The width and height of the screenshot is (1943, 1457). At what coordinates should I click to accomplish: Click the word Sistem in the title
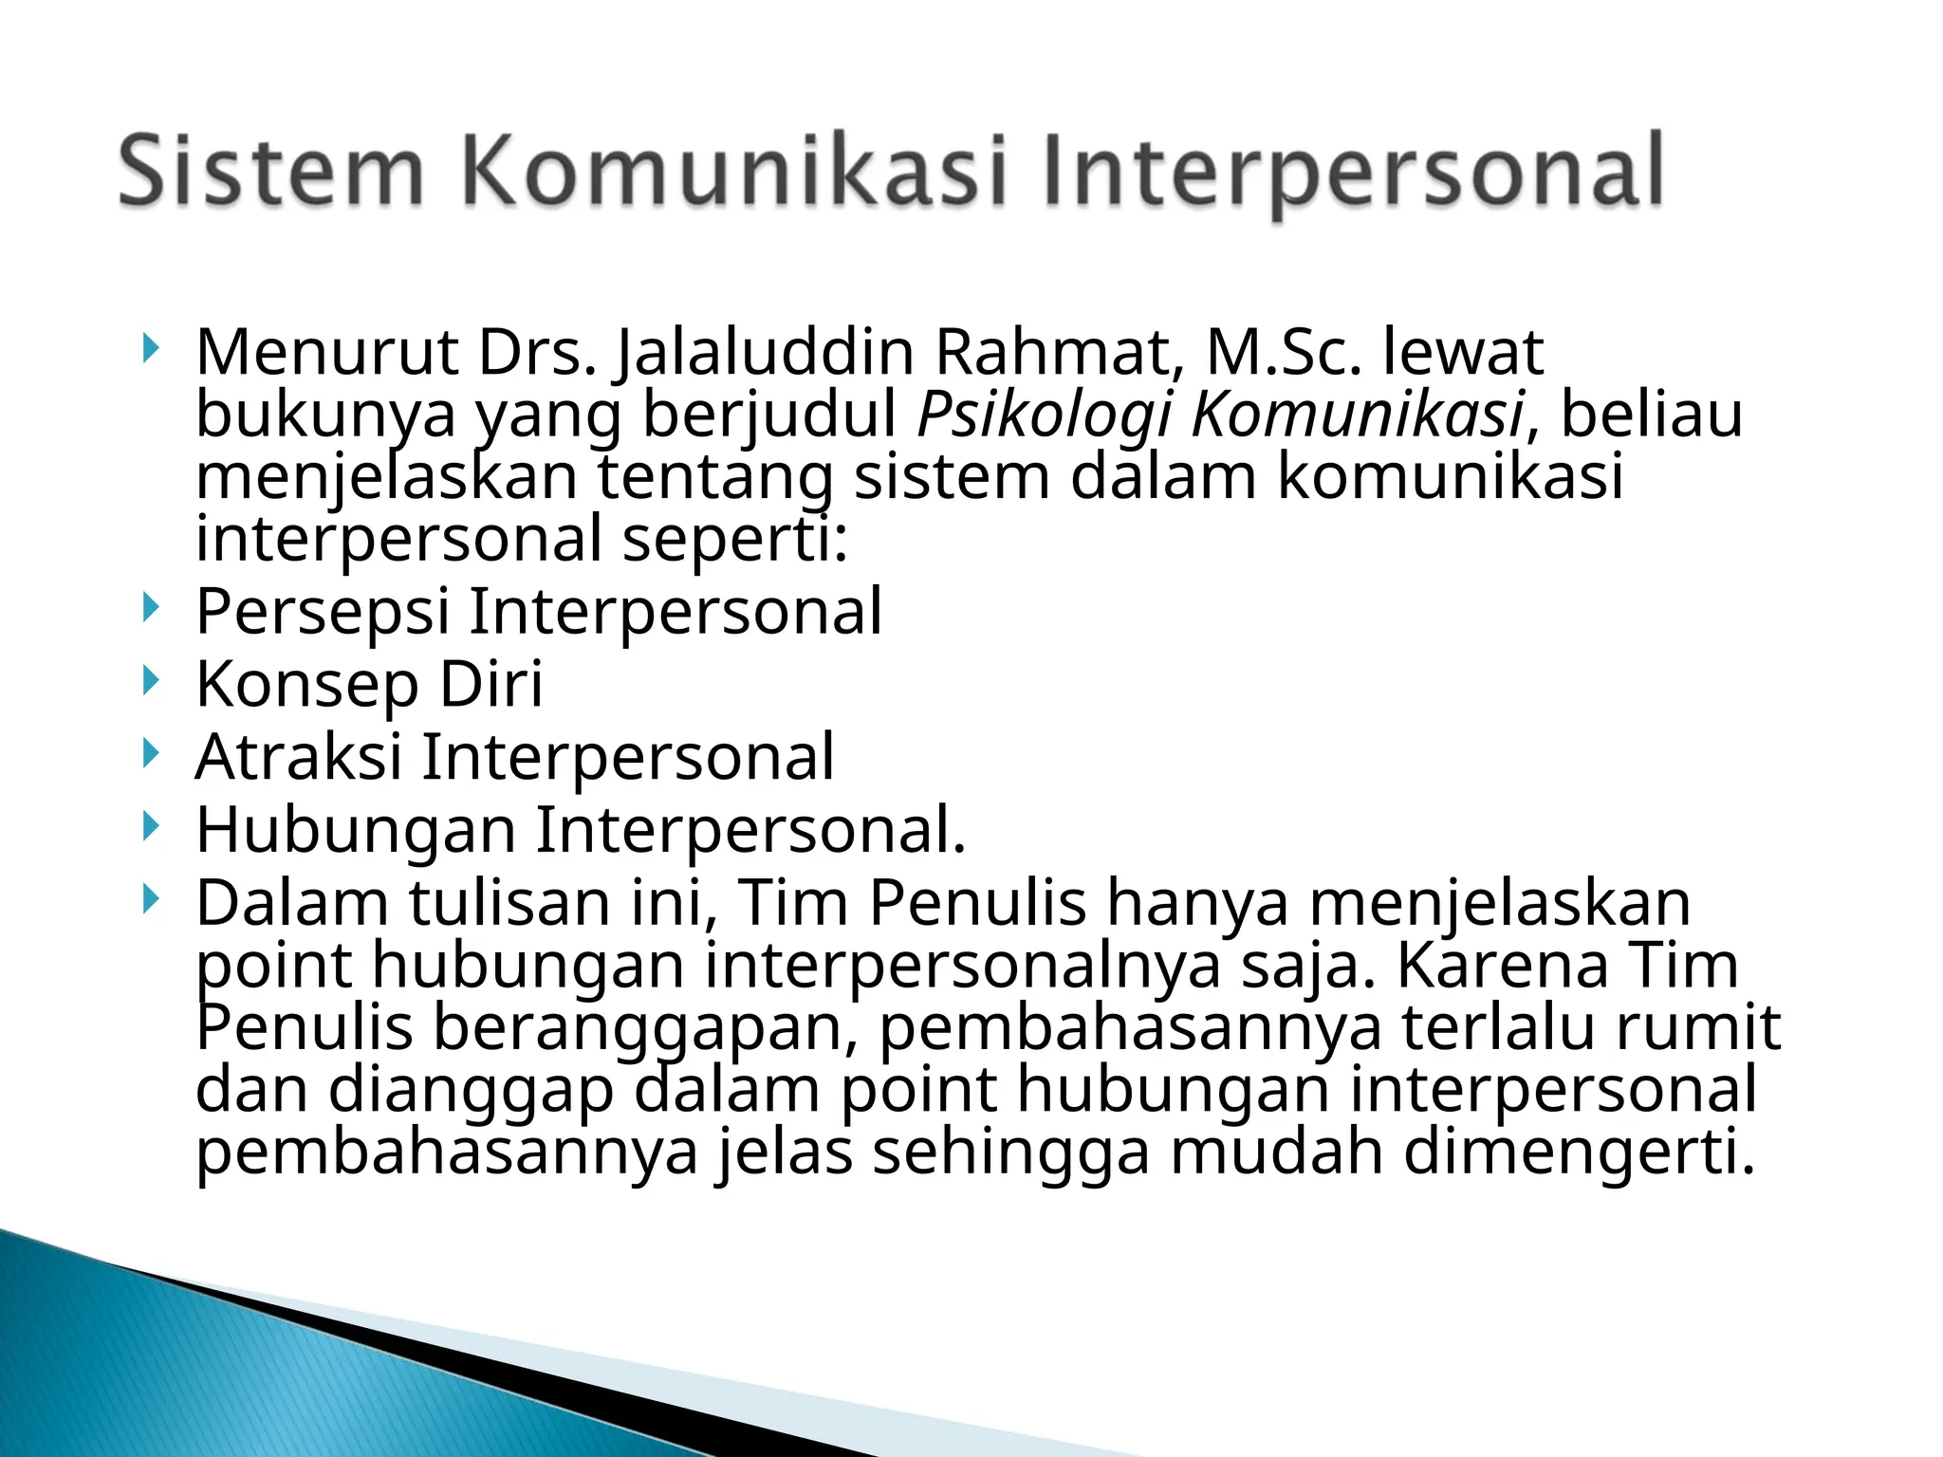[x=270, y=172]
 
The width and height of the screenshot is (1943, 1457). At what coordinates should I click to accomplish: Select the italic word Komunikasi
[x=1358, y=415]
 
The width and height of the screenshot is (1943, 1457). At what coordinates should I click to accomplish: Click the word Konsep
[x=307, y=684]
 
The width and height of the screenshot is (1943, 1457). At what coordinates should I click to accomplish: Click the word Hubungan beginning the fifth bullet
[x=356, y=830]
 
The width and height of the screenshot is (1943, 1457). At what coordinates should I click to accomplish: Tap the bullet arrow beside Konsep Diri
[x=149, y=680]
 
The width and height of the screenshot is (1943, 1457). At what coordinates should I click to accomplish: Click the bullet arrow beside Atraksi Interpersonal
[x=149, y=753]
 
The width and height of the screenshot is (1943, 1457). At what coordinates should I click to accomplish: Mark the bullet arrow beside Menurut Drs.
[x=149, y=348]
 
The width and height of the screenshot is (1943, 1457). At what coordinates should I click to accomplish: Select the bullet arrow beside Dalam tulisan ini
[x=149, y=899]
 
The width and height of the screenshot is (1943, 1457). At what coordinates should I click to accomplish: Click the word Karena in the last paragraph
[x=1503, y=965]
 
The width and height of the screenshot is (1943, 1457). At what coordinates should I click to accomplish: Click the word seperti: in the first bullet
[x=735, y=538]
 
